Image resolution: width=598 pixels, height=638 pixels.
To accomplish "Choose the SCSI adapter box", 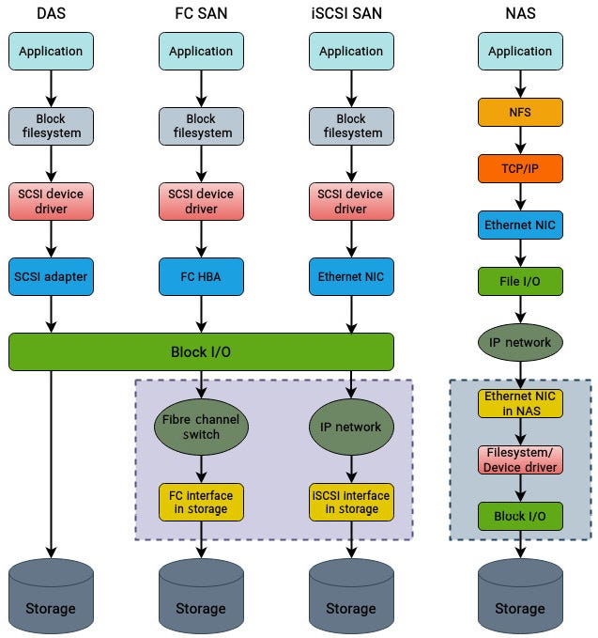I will tap(51, 276).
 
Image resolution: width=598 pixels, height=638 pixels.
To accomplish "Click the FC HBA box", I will tap(201, 276).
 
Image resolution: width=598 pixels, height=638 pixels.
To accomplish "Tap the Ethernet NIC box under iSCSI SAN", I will tap(351, 276).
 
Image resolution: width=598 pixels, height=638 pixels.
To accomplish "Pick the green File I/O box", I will tap(520, 280).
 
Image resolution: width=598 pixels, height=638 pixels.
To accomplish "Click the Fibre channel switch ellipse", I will tap(201, 427).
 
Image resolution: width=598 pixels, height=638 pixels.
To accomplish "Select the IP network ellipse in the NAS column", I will tap(520, 343).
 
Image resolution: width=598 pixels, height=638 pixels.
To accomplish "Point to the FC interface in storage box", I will tap(201, 502).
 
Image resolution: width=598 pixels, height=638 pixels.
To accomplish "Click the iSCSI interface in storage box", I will tap(351, 502).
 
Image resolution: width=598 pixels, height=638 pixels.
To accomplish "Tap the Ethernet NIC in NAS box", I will tap(520, 403).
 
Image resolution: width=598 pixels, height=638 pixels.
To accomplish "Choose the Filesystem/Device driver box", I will tap(520, 459).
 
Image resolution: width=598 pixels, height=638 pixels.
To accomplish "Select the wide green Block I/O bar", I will tap(201, 351).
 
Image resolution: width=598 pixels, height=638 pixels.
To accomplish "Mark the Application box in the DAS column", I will tap(51, 51).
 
